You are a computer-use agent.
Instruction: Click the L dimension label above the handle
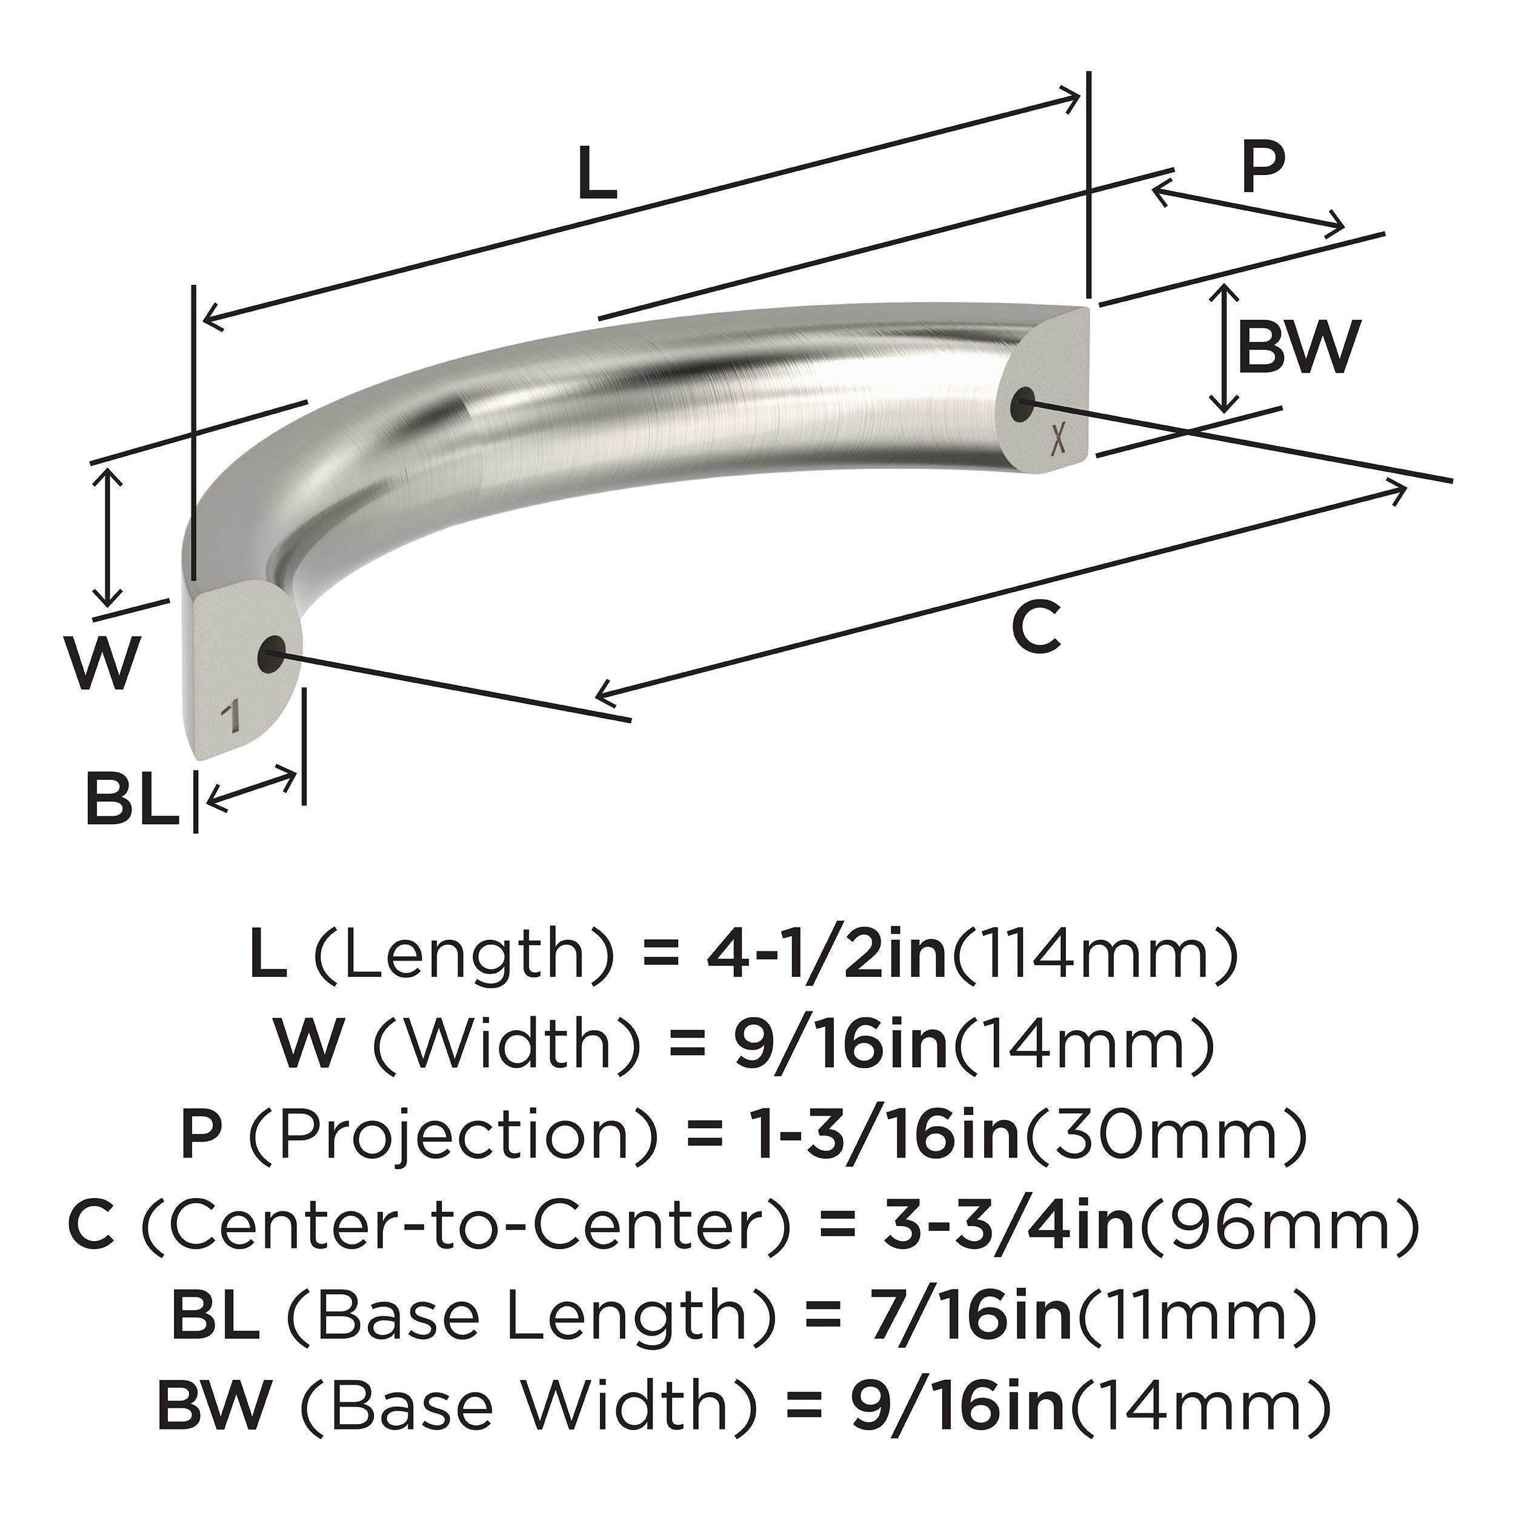pyautogui.click(x=598, y=174)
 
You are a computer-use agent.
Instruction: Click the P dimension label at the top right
pyautogui.click(x=1264, y=167)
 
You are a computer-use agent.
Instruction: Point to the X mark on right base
pyautogui.click(x=1058, y=440)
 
